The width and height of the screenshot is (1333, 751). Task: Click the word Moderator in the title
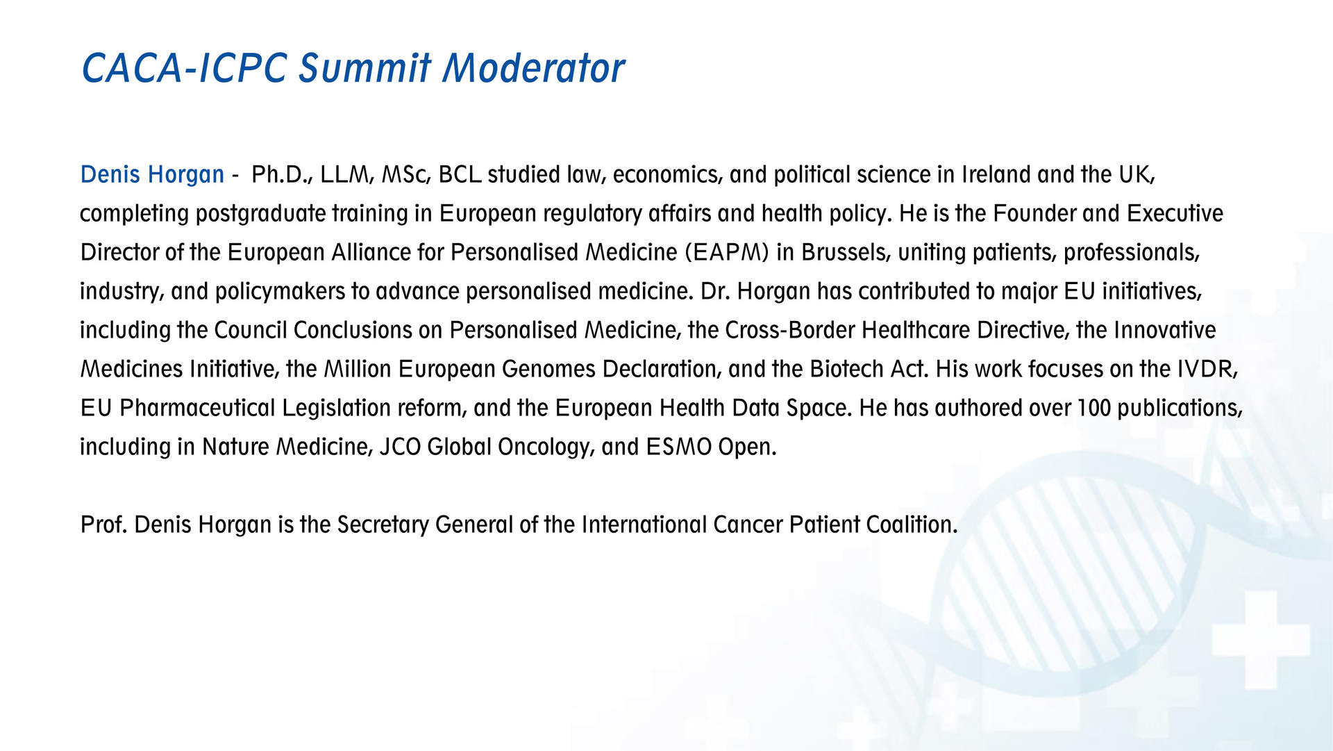pyautogui.click(x=534, y=68)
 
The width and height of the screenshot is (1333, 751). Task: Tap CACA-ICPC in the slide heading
pyautogui.click(x=184, y=68)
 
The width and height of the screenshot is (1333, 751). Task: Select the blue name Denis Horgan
pyautogui.click(x=152, y=174)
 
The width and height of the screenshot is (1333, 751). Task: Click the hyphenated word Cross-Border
pyautogui.click(x=790, y=330)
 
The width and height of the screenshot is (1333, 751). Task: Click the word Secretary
pyautogui.click(x=383, y=525)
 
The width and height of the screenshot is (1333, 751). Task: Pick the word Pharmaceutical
pyautogui.click(x=198, y=408)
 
